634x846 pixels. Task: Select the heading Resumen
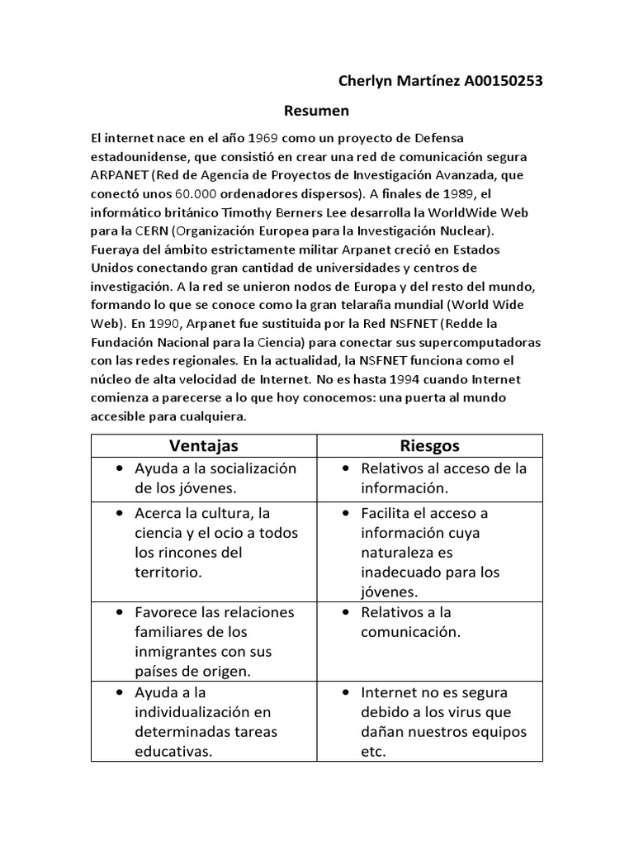coord(317,111)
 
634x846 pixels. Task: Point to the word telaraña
coord(401,305)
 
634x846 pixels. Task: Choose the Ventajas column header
coord(204,446)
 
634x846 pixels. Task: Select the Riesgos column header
coord(430,446)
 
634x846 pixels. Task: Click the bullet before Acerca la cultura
coord(121,514)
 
